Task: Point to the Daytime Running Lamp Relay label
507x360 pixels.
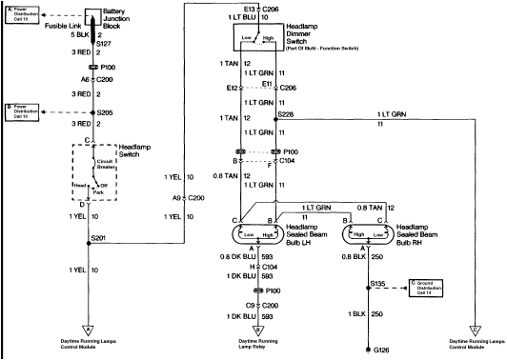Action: point(257,343)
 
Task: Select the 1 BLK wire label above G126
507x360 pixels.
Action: point(357,312)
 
